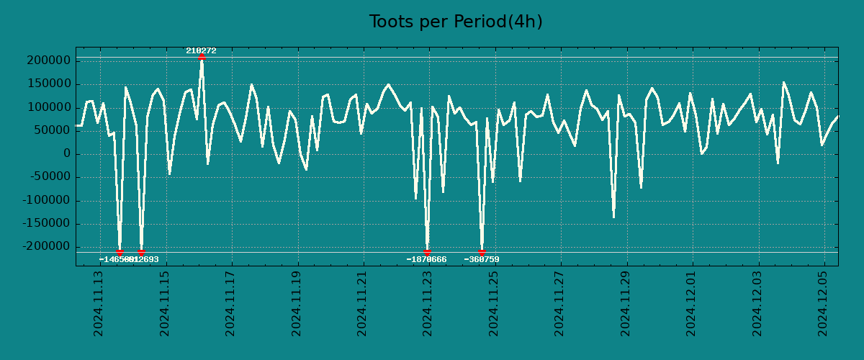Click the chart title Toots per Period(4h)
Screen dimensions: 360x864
[x=456, y=22]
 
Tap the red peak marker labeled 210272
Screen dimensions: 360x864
[x=202, y=56]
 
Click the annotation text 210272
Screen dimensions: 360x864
[x=201, y=50]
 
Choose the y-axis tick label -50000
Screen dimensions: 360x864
[x=47, y=177]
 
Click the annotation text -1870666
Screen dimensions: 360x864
[x=426, y=259]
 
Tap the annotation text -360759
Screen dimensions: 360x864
[x=482, y=259]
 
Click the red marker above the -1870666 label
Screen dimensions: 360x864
[x=427, y=252]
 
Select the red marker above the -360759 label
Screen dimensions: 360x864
[x=482, y=252]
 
